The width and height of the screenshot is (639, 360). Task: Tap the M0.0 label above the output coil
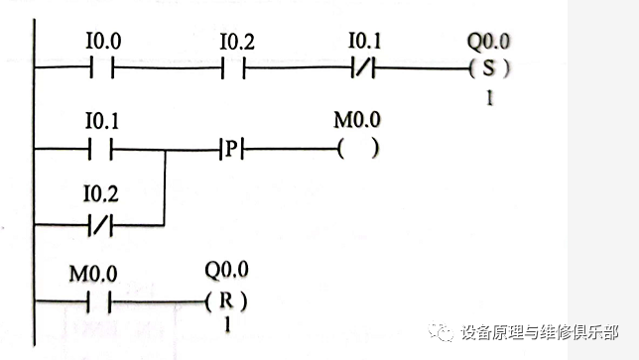[357, 124]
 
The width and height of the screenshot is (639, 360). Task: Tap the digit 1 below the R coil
[226, 324]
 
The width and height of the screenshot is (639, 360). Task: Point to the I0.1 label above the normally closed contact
[363, 45]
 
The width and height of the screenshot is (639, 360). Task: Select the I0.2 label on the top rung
[235, 45]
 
